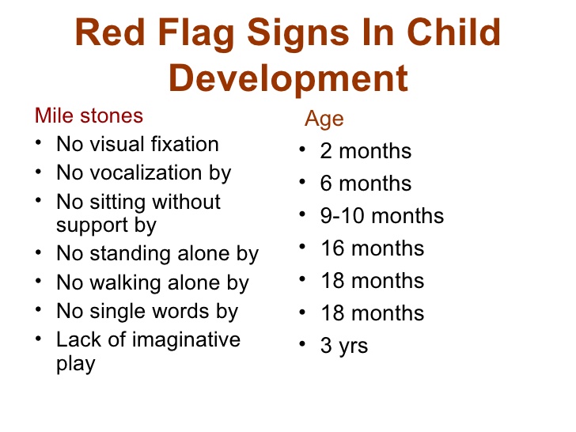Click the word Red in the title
tap(111, 33)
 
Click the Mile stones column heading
tap(89, 116)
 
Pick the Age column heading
tap(324, 119)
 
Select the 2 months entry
tap(366, 151)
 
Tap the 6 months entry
tap(366, 184)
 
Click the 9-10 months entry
tap(382, 216)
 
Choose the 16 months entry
tap(372, 248)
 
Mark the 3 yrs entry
tap(344, 346)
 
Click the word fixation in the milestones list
tap(181, 144)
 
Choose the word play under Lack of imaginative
tap(75, 364)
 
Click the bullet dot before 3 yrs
tap(303, 344)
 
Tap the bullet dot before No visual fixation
tap(40, 143)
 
